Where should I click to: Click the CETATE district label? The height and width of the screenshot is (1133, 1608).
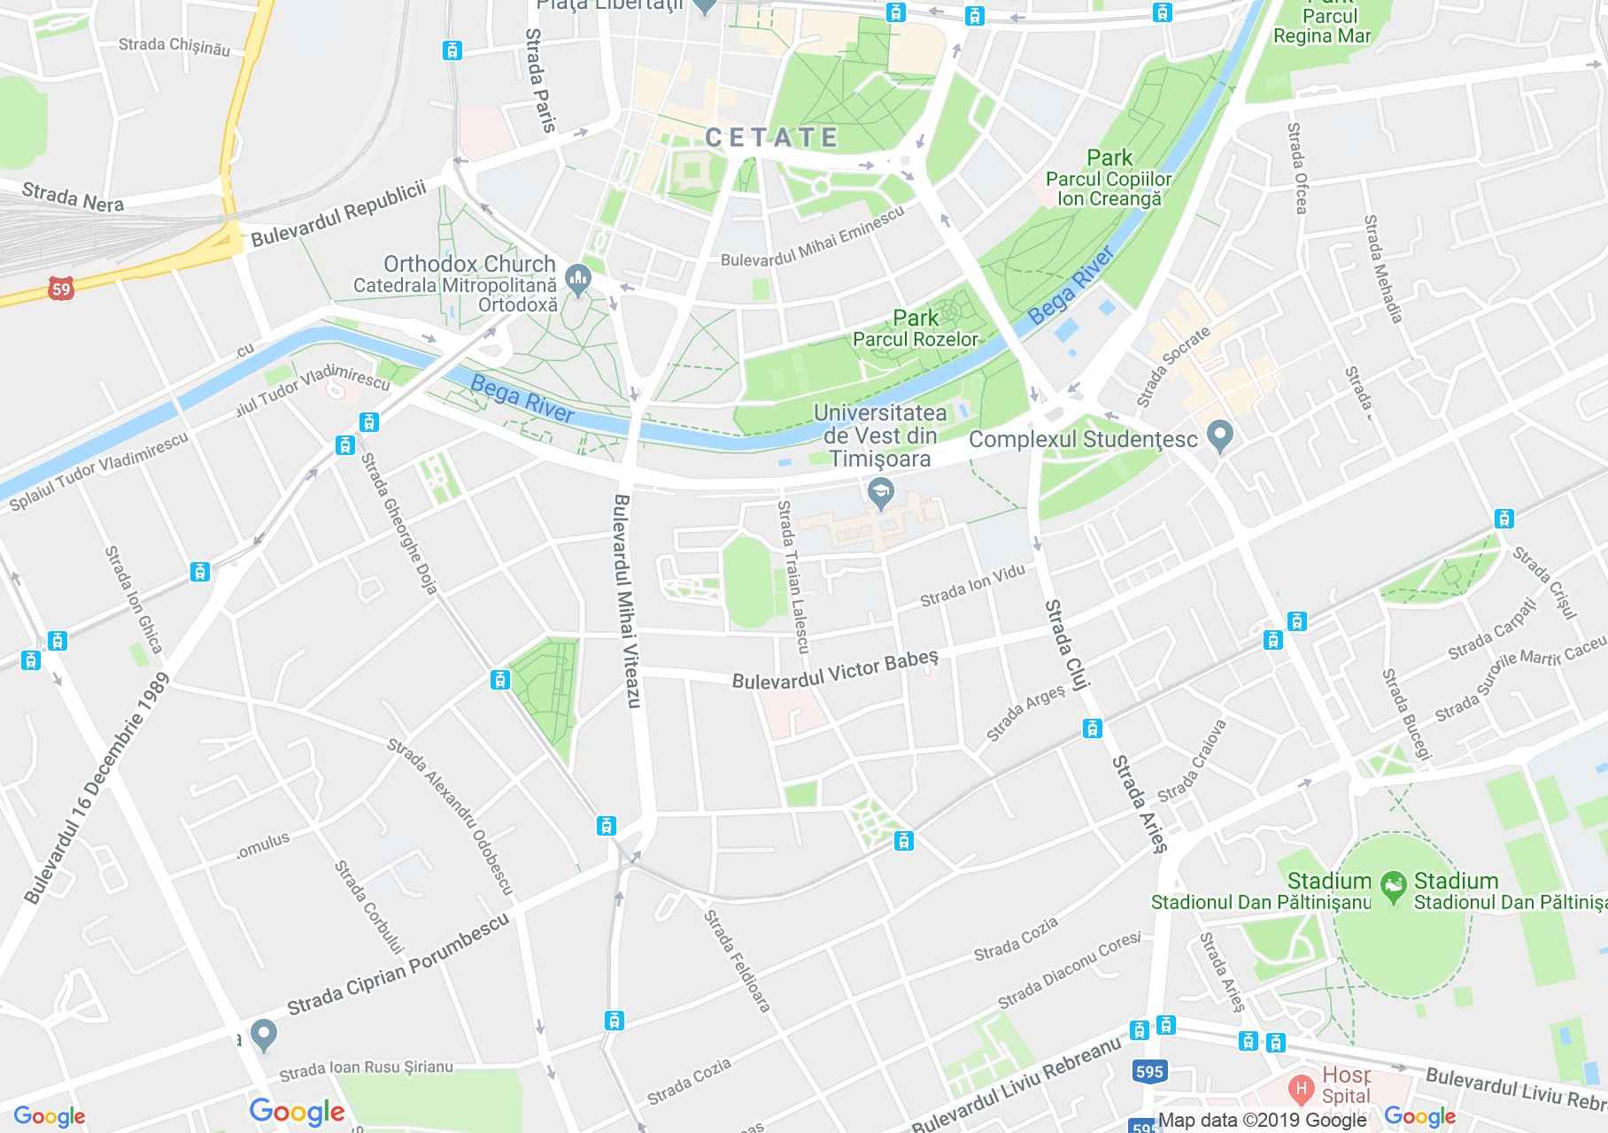[x=771, y=137]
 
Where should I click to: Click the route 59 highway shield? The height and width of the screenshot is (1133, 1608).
[x=60, y=289]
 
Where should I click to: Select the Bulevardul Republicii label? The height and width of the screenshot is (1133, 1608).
[x=338, y=213]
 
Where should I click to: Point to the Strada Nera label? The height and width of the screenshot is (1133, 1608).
[x=73, y=197]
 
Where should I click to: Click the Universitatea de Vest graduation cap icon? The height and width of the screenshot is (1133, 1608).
[x=880, y=491]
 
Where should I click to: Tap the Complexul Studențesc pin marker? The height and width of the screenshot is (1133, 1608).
[x=1221, y=435]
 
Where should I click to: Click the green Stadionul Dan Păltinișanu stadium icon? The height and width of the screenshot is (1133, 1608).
[x=1393, y=883]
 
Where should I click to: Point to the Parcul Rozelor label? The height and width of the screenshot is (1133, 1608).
[x=916, y=338]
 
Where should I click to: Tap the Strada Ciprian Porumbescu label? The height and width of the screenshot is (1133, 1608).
[x=398, y=964]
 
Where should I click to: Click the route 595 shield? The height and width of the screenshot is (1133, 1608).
[x=1148, y=1072]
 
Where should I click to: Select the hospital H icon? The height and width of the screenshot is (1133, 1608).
[x=1301, y=1086]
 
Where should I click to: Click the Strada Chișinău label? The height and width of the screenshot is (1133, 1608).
[x=174, y=46]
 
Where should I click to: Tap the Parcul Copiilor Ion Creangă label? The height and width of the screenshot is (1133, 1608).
[x=1109, y=189]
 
